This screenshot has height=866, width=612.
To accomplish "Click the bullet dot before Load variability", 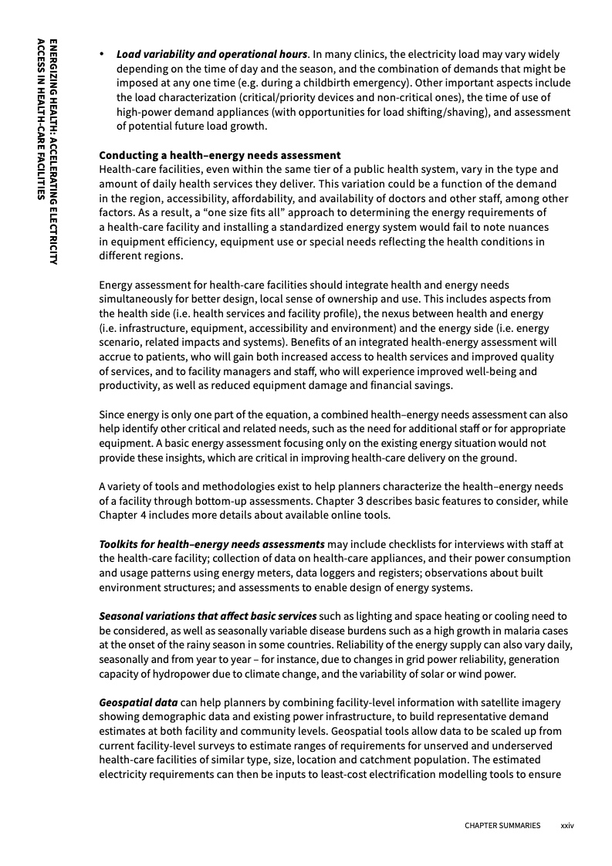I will pos(102,55).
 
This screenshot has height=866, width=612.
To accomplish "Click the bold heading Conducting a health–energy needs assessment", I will pos(219,155).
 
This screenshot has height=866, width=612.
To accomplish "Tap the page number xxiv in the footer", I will pos(567,825).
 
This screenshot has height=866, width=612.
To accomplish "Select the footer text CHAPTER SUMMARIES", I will pos(502,825).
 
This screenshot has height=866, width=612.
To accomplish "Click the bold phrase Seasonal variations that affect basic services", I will pos(208,616).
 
